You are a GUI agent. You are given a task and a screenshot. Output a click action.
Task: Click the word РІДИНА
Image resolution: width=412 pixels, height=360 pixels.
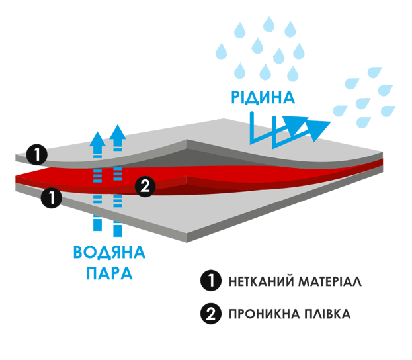(262, 98)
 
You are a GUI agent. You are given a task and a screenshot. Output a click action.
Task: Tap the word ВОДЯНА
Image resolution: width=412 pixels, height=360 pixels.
(109, 252)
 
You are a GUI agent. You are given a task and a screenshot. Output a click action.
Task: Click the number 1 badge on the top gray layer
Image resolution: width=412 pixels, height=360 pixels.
(38, 155)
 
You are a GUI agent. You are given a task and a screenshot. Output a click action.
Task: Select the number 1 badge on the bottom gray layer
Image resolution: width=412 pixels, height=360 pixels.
(50, 196)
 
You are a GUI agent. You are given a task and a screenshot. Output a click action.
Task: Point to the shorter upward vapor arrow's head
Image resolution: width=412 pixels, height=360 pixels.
(97, 139)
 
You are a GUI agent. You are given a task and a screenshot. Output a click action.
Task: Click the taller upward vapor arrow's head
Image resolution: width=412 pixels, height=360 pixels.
(118, 132)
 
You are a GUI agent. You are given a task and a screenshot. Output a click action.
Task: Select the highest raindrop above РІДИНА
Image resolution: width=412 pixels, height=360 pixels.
(269, 24)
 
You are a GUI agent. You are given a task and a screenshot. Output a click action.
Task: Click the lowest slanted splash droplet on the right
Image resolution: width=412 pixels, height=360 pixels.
(364, 122)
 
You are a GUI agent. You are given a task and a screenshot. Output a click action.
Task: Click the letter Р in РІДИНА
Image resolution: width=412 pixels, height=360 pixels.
(236, 98)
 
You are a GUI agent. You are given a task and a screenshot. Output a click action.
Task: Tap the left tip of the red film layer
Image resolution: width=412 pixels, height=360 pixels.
(19, 177)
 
